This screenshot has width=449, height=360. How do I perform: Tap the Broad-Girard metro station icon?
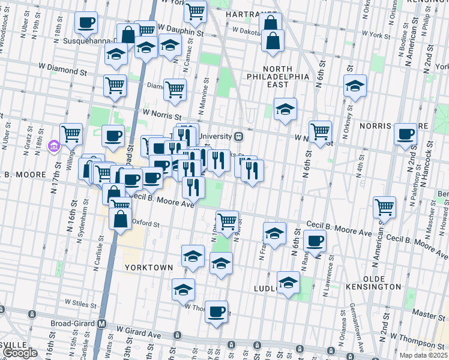click(x=102, y=323)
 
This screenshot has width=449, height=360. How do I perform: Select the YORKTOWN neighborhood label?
click(x=149, y=267)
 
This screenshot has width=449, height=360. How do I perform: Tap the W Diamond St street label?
click(x=62, y=68)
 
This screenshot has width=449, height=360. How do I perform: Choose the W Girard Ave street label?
click(x=139, y=330)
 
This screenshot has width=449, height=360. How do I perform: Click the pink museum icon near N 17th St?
click(x=53, y=145)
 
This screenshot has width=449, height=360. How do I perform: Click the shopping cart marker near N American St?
click(x=384, y=207)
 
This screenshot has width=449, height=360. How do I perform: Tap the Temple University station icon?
click(x=238, y=136)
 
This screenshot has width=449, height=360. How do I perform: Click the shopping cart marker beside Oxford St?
click(x=227, y=221)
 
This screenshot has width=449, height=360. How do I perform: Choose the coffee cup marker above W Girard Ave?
click(x=216, y=311)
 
